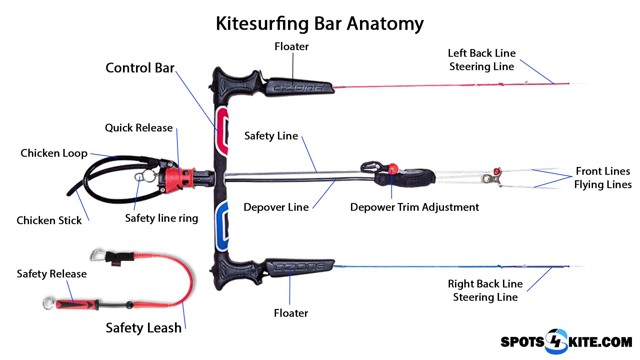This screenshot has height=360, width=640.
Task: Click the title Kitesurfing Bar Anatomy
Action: pos(319,24)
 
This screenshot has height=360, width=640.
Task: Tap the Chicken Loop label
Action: pos(54,153)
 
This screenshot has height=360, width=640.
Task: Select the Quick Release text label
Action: pos(139,128)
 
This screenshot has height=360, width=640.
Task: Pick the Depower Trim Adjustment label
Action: pos(414,207)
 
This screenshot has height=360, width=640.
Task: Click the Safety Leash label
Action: pos(143,328)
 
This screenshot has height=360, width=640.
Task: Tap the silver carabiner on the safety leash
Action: pos(96,255)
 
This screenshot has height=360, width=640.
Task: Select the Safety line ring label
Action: pos(161,218)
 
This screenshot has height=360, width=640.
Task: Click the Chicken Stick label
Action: pos(49,220)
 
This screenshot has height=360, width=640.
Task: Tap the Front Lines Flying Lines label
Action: pos(603,178)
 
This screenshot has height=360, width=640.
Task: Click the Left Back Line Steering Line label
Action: pos(481,60)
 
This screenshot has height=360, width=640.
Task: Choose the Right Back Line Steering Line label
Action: pos(485,290)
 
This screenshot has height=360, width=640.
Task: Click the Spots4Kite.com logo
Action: pos(566,341)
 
